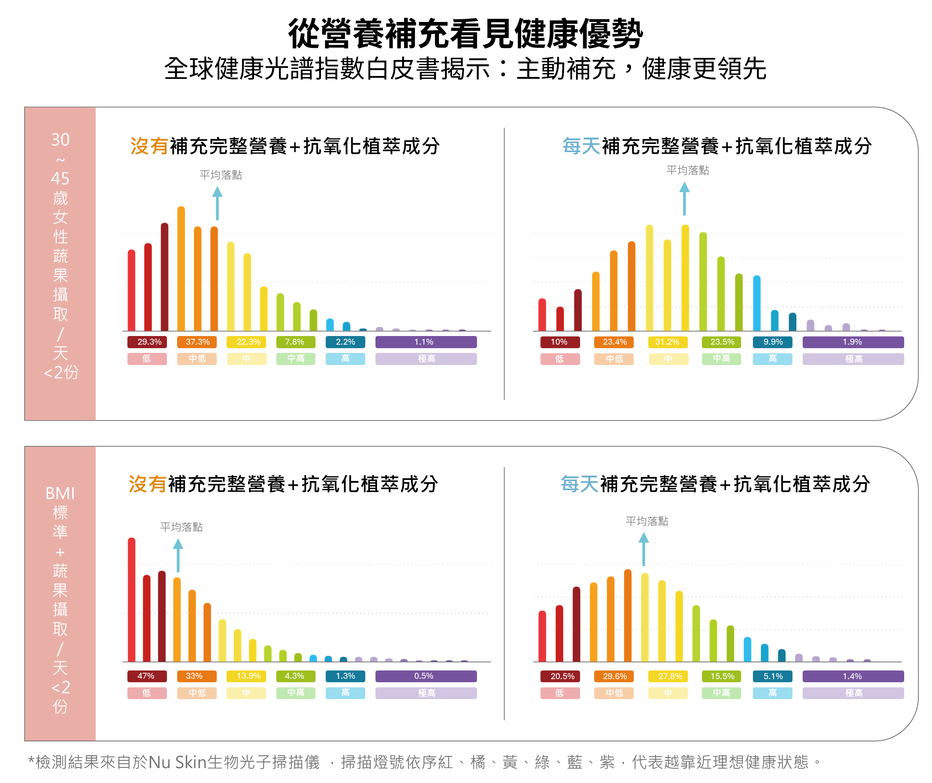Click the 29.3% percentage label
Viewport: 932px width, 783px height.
point(147,342)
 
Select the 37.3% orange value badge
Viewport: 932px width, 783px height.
point(197,342)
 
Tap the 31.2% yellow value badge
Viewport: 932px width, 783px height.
point(668,342)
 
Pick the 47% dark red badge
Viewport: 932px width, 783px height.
point(147,676)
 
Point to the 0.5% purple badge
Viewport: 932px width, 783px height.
point(426,676)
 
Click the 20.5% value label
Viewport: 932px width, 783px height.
point(560,676)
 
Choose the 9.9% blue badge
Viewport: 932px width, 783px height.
point(772,342)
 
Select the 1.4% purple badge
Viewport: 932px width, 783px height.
point(852,676)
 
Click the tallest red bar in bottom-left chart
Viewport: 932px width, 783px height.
point(132,599)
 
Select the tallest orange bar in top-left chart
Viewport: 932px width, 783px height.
point(181,269)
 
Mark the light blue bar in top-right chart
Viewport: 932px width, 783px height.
point(757,303)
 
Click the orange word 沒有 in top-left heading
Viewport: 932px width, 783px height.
point(149,146)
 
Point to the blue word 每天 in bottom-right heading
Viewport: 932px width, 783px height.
point(580,484)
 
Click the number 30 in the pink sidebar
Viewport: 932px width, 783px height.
point(60,140)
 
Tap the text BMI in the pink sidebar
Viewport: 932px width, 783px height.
point(60,493)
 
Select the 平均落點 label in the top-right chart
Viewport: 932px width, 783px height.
point(687,171)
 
